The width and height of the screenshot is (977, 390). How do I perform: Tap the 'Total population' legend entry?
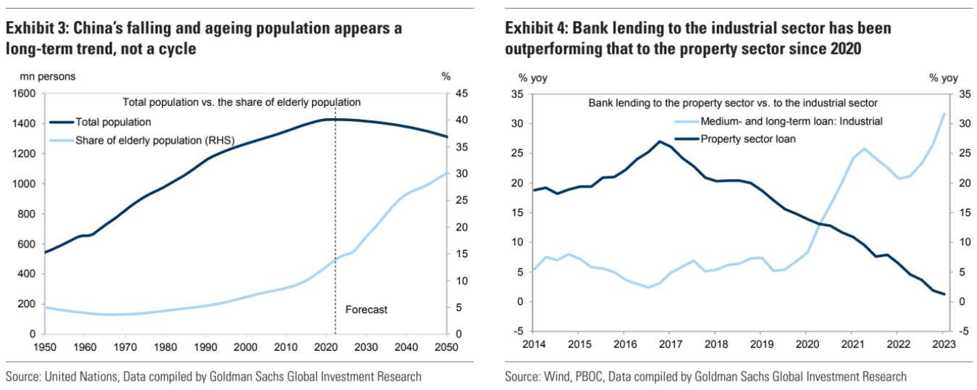[x=113, y=122]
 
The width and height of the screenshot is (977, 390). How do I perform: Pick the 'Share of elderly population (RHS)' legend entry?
[x=154, y=140]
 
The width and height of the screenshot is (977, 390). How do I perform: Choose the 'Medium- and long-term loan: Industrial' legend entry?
[x=788, y=121]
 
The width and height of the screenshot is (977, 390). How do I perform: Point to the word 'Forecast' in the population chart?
[x=366, y=310]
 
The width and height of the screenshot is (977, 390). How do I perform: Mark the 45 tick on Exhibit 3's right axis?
[x=461, y=94]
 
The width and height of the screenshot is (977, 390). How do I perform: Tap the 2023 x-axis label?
[x=944, y=344]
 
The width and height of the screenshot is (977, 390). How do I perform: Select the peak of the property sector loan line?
[x=659, y=141]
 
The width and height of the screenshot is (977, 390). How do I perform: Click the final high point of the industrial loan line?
[x=944, y=114]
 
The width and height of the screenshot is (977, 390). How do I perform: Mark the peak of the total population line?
[x=330, y=119]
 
